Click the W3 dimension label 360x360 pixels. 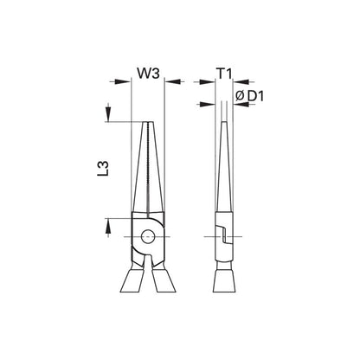148,74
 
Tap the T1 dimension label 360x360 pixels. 224,74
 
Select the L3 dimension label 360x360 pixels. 103,169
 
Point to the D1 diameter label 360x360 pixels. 255,96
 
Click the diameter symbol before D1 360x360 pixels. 240,96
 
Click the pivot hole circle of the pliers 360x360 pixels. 148,236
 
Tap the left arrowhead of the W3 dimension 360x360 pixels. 123,81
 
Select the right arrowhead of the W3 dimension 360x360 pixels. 172,81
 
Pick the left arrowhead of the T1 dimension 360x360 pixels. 207,82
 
